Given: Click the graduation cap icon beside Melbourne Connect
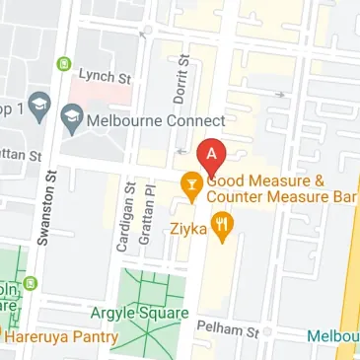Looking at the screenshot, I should (69, 120).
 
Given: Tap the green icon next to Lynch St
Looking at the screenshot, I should (66, 65).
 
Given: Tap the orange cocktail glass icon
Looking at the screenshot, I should (189, 184).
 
